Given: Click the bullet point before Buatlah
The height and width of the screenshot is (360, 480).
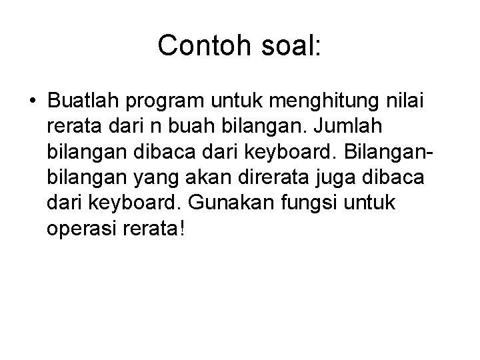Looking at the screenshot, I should [33, 102].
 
